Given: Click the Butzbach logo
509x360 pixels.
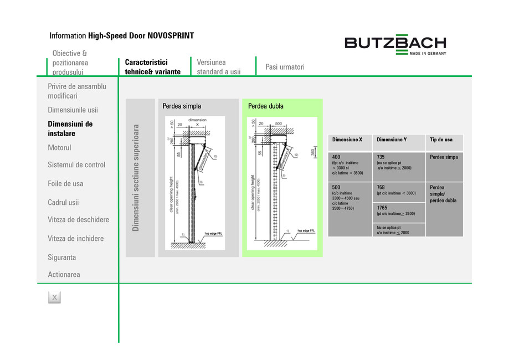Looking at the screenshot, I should point(395,44).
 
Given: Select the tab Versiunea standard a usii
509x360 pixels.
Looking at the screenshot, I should point(219,67).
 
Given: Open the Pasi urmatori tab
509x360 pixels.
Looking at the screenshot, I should point(285,67).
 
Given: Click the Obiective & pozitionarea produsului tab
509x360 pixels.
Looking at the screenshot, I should point(70,63).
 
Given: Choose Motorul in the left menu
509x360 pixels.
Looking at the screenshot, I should point(60,148).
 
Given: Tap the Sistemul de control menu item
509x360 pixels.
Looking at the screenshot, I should point(76,165).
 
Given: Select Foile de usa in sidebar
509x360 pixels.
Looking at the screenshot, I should point(65,184).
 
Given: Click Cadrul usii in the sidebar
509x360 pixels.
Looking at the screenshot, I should point(63,203).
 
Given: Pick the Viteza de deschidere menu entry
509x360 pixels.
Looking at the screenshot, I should point(78,220).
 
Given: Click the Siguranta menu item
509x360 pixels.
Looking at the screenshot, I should point(62,258).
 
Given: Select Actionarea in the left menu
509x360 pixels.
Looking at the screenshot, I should point(64,275).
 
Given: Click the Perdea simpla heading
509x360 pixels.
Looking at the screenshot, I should point(182,106).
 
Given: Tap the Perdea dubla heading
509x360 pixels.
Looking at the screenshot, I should point(266,106).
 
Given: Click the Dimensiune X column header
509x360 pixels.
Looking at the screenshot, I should point(347,140).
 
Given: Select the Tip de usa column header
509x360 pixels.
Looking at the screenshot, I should point(441,140).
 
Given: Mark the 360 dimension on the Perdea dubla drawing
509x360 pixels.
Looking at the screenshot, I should point(313,152).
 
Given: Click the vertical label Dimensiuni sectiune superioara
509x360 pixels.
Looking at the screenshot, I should point(136,178).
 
